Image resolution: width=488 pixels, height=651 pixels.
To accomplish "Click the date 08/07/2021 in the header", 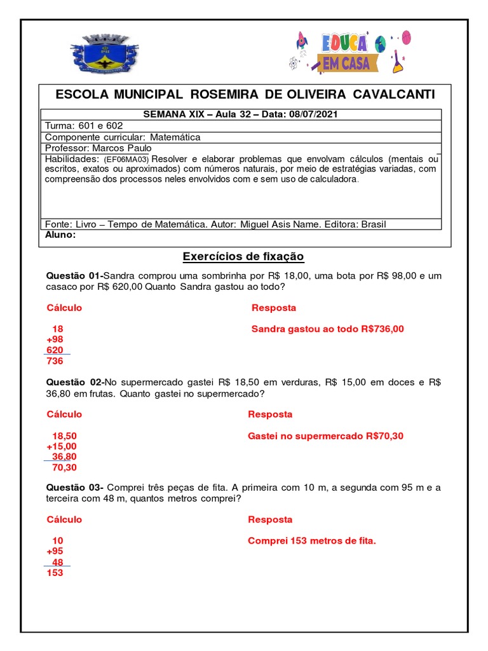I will [313, 114].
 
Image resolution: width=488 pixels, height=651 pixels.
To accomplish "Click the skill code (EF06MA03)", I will [126, 159].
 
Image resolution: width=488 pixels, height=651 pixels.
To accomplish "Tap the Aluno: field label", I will [61, 235].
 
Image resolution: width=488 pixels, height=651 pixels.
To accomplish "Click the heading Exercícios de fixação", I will [243, 257].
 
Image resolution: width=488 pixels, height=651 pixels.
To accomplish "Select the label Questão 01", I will [73, 276].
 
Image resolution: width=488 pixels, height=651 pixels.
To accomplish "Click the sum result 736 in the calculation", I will [55, 361].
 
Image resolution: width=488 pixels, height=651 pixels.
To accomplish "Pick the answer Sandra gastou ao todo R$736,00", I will [327, 329].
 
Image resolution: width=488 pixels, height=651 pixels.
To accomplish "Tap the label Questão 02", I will [74, 382].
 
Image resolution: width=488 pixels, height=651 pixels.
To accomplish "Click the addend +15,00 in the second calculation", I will [61, 446].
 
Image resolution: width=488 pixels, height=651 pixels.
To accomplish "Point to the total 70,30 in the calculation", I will [64, 467].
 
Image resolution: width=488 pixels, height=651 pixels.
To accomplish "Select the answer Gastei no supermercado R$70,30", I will [325, 435].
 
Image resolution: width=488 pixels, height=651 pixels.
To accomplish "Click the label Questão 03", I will [74, 488].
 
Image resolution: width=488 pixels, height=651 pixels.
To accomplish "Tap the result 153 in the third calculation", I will [55, 573].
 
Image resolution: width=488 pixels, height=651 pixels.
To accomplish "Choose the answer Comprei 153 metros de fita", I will [312, 541].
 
